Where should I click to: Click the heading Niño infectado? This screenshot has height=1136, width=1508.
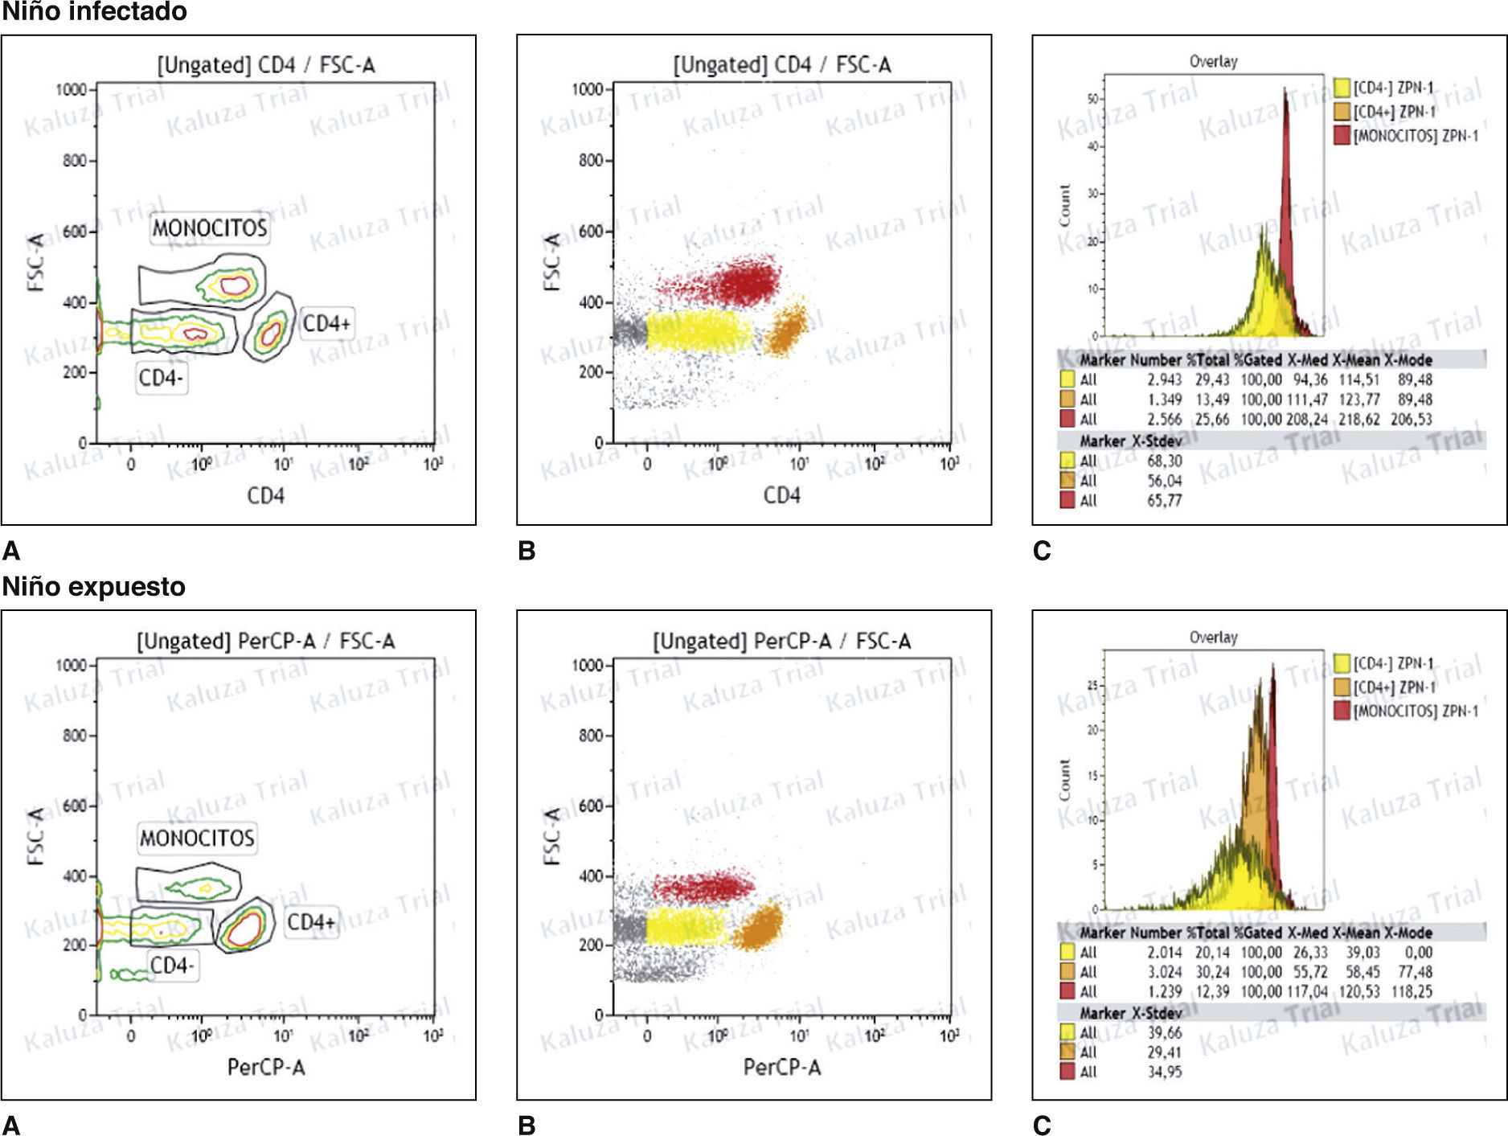coord(94,11)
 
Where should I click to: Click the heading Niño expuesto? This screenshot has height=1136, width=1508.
coord(93,586)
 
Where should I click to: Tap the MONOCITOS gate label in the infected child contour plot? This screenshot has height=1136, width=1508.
coord(210,228)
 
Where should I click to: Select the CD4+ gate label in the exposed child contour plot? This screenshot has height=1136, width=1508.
coord(311,921)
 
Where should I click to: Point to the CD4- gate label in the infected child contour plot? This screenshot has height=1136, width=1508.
coord(161,378)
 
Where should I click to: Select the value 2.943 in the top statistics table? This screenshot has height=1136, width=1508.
coord(1164,379)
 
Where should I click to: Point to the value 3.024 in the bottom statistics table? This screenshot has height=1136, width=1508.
coord(1164,972)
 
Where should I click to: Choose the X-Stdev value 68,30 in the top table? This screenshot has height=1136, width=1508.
coord(1164,461)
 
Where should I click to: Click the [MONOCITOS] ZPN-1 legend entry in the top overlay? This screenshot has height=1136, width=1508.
coord(1414,136)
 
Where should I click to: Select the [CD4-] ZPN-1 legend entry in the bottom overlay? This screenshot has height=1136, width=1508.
coord(1392,663)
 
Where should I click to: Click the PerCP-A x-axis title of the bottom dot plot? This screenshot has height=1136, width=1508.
coord(781,1067)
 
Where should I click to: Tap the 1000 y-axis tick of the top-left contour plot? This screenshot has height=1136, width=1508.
coord(71,89)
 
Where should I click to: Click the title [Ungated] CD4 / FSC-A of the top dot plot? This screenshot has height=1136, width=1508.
coord(781,64)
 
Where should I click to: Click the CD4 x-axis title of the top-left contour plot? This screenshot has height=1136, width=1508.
coord(265,495)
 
